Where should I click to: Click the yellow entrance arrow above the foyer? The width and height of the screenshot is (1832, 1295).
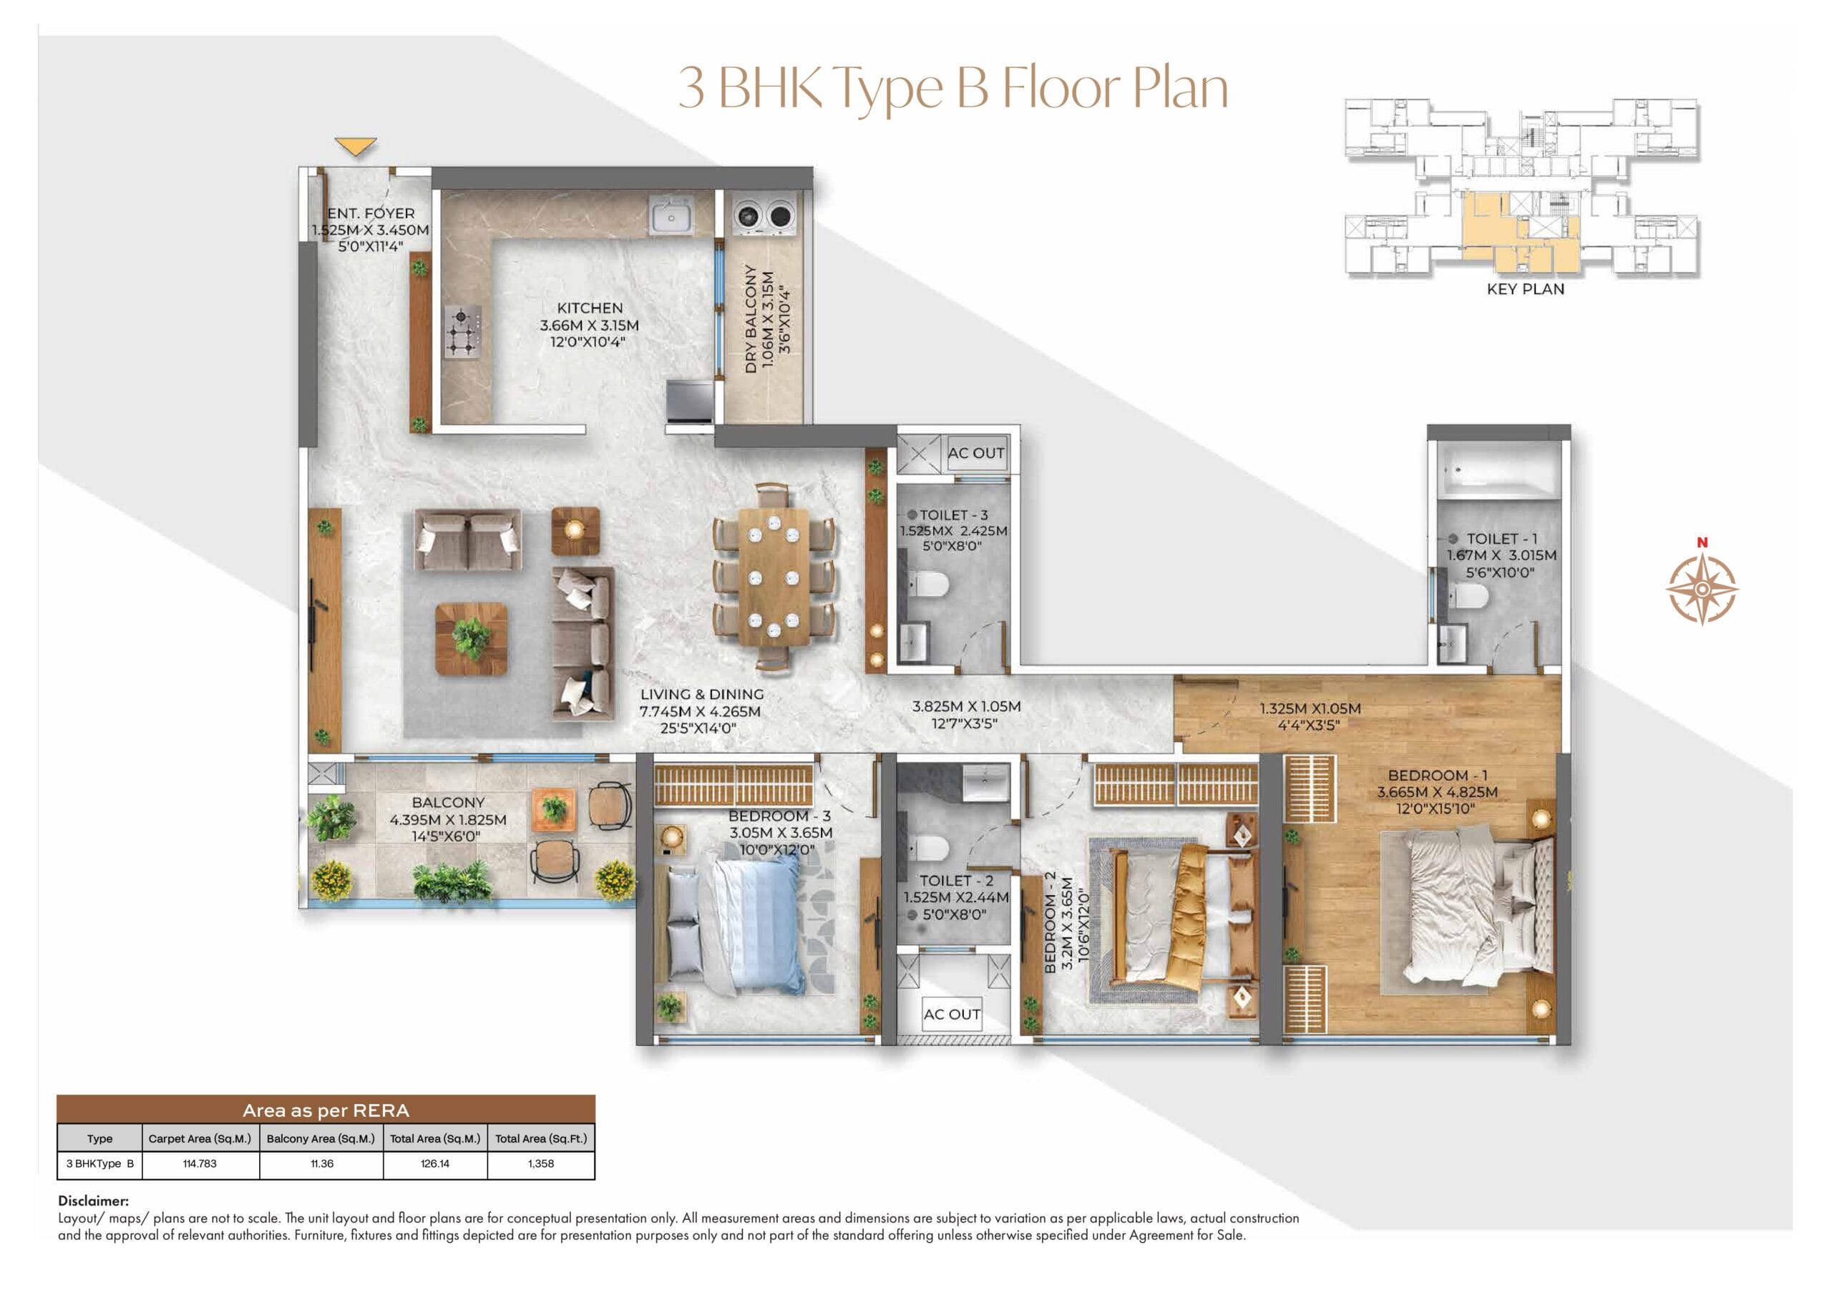[x=355, y=146]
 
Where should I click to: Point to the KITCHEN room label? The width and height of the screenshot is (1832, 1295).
[x=590, y=308]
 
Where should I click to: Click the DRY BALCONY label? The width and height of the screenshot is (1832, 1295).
[x=751, y=319]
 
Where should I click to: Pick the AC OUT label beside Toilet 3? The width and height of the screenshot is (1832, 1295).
[x=976, y=452]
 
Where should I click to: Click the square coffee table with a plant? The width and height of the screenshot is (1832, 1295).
[x=472, y=639]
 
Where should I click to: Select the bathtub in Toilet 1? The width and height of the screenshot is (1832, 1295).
[x=1498, y=471]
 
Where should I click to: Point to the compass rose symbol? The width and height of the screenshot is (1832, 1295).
[x=1702, y=587]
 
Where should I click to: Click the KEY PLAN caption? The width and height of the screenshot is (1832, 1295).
[x=1525, y=289]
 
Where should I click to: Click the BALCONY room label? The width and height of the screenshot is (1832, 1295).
[x=448, y=802]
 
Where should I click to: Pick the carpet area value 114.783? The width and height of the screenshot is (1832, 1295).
[x=200, y=1163]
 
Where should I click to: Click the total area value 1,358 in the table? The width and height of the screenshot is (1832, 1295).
[x=540, y=1163]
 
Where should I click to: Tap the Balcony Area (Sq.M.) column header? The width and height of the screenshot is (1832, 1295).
[x=321, y=1138]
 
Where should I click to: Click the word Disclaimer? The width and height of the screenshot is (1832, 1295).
[x=92, y=1200]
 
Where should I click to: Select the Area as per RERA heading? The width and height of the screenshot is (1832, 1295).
[x=326, y=1110]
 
